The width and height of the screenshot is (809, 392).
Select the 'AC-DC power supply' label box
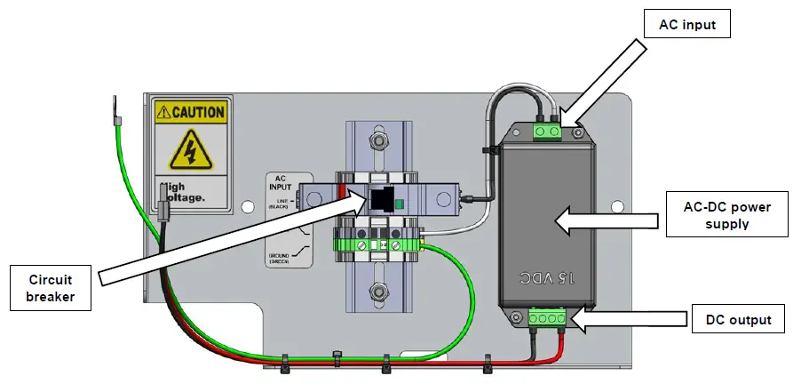pos(726,214)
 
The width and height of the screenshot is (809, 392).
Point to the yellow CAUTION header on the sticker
pos(190,113)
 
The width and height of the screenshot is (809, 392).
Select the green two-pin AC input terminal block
pos(547,132)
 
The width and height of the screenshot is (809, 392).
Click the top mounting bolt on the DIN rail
pos(380,140)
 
